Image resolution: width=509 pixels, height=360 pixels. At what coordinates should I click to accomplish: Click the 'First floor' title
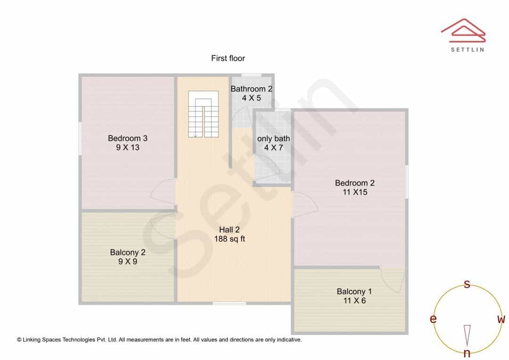(x=228, y=58)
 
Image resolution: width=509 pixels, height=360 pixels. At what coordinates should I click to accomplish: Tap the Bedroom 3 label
(x=128, y=138)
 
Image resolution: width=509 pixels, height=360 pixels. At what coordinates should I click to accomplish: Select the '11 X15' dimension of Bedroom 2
(x=355, y=192)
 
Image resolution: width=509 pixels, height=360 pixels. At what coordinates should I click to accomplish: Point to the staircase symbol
(x=203, y=114)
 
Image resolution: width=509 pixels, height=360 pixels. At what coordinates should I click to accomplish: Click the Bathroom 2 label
(x=251, y=89)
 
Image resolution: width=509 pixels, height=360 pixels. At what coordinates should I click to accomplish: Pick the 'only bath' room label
(x=273, y=139)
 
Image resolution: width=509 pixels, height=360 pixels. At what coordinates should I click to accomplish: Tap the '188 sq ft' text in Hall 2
(x=230, y=239)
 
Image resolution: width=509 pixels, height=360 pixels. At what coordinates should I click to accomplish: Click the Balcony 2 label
(x=128, y=253)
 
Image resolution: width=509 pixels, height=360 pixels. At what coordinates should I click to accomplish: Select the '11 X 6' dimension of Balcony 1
(x=354, y=301)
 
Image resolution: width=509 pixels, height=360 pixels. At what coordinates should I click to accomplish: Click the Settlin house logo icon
(x=463, y=31)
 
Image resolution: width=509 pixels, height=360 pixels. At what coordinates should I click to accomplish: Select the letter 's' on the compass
(x=467, y=284)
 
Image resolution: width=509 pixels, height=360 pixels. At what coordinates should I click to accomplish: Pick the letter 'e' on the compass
(x=433, y=319)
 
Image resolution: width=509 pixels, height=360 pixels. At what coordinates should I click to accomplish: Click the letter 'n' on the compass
(x=467, y=353)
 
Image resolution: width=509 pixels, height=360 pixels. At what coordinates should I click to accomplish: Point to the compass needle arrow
(x=467, y=335)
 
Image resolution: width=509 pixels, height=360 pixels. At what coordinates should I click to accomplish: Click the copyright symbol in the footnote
(x=19, y=340)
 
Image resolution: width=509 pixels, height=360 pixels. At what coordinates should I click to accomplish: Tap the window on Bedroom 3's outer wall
(x=80, y=139)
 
